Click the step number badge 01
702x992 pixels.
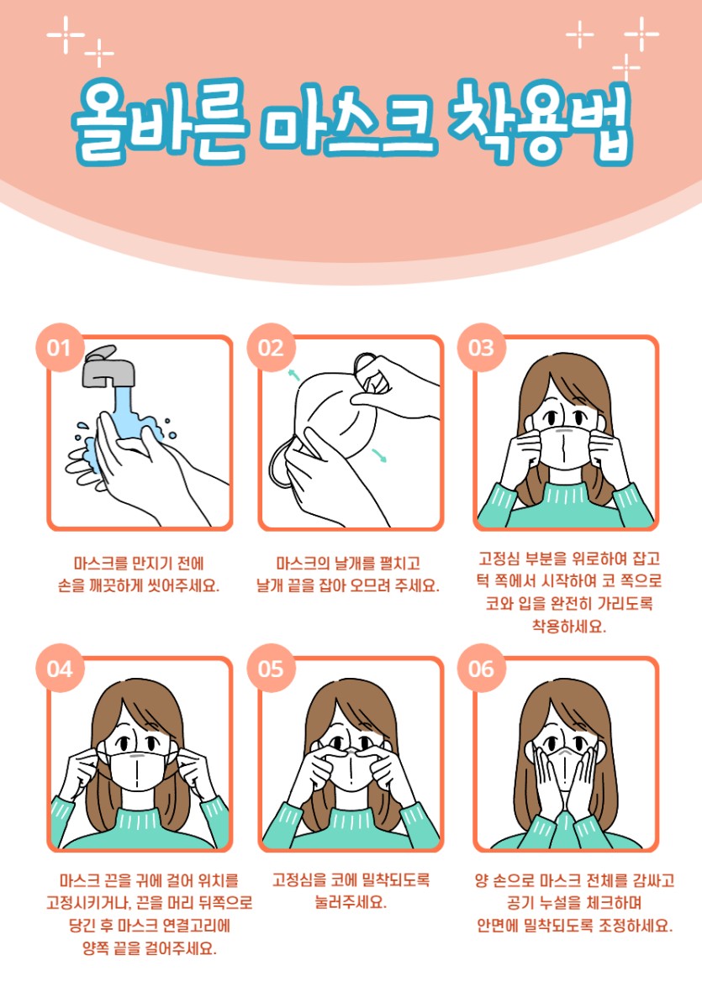(60, 348)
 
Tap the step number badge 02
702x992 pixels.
(271, 348)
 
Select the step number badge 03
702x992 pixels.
(481, 348)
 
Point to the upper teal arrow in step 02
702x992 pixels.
(293, 375)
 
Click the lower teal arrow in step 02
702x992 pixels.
(379, 455)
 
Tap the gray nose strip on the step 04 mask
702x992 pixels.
(137, 756)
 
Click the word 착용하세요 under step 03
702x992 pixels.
(568, 627)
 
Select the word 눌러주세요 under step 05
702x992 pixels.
(351, 901)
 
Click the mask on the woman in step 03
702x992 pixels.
(565, 448)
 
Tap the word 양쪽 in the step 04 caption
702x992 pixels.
(96, 947)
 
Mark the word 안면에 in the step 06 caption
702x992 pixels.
(498, 925)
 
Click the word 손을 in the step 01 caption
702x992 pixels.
(71, 585)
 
